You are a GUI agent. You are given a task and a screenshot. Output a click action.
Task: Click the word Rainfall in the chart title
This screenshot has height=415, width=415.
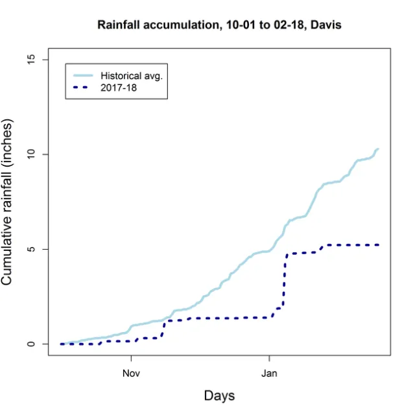coord(119,25)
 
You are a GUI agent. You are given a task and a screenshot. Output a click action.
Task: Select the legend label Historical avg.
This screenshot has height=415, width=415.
coord(131,75)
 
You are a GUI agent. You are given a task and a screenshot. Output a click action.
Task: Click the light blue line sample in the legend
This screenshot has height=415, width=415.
coord(83,75)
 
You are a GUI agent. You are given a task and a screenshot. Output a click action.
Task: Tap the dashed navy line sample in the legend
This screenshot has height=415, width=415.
coord(83,87)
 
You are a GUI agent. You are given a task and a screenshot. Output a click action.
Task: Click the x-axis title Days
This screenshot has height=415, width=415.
coord(219,396)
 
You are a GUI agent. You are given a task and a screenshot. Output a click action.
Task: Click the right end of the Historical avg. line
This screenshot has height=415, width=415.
coord(378,149)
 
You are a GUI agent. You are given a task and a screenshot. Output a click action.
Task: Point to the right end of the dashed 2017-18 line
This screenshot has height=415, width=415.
coord(378,244)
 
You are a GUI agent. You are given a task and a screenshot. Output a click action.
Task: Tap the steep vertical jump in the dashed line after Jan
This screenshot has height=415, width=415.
coord(283,279)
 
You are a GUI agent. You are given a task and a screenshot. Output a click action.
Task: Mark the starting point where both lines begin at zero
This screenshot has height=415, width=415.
coord(61,344)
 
